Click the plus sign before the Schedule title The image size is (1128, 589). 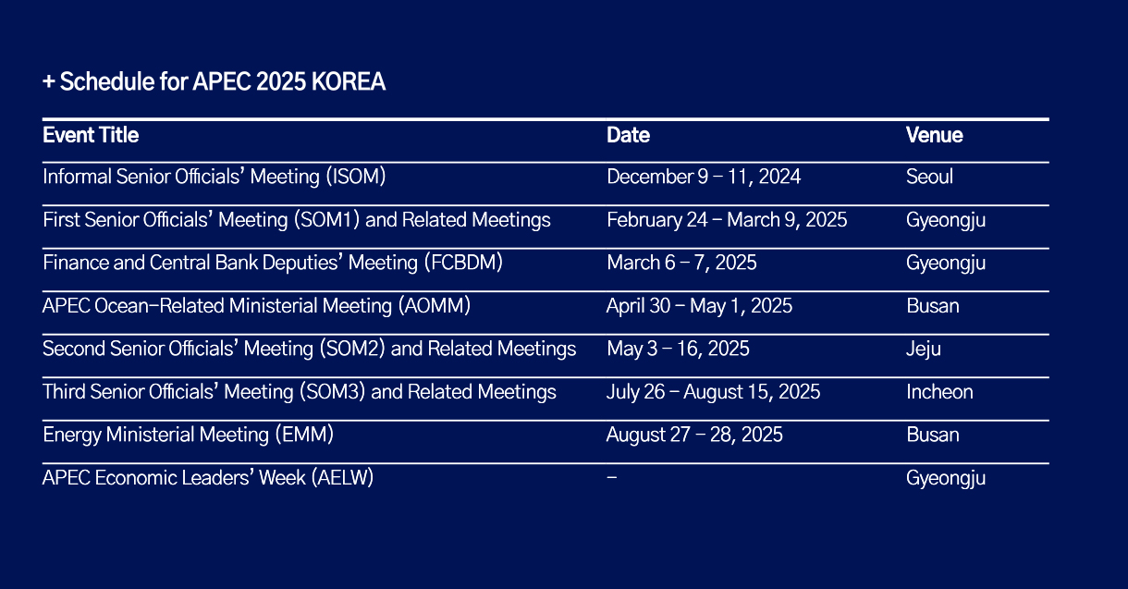[x=49, y=81]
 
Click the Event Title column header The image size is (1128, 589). [x=91, y=135]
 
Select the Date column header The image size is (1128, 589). [x=628, y=135]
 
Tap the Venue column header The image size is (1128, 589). [x=935, y=135]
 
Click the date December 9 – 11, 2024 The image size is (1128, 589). [x=704, y=177]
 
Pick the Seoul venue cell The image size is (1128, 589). [x=929, y=177]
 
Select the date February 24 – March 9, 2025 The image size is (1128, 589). [x=727, y=220]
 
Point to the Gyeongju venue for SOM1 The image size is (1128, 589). [x=946, y=220]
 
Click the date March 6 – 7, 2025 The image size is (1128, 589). [x=681, y=263]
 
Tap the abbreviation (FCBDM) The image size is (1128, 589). [x=463, y=263]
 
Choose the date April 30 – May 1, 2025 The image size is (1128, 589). [x=699, y=306]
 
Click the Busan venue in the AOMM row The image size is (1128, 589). [x=933, y=306]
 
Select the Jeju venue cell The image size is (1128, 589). [x=924, y=350]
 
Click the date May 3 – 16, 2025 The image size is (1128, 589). [x=678, y=349]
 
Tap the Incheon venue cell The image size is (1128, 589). [x=939, y=392]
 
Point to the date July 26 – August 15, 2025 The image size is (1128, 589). [x=713, y=392]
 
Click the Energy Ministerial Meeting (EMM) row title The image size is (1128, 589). [x=189, y=435]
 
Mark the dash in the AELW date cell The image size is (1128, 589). [x=612, y=477]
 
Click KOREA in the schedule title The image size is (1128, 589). [x=349, y=81]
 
